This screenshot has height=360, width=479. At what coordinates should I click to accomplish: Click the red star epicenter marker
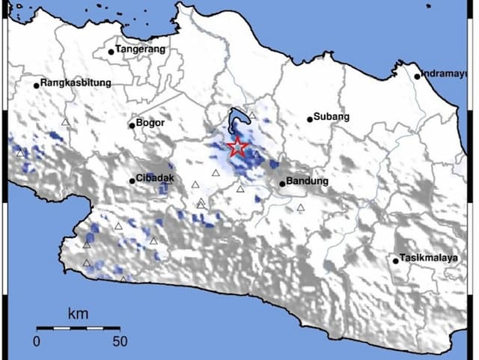point(237,147)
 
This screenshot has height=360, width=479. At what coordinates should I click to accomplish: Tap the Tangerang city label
point(140,50)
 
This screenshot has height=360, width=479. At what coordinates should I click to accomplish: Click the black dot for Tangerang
point(111,52)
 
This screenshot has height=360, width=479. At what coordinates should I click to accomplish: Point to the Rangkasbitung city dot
point(36,85)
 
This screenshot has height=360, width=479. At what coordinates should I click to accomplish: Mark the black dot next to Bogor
point(132,125)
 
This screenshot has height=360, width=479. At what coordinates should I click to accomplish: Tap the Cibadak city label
point(156,179)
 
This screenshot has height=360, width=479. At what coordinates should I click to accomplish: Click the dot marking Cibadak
point(132,180)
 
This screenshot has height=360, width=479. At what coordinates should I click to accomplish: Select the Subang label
point(333,118)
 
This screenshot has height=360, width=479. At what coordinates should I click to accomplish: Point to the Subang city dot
point(310,119)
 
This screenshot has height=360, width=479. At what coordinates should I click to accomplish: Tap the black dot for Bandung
point(282,183)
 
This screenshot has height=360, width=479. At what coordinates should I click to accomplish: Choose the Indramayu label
point(448,73)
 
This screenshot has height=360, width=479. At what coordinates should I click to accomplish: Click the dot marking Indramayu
point(418,76)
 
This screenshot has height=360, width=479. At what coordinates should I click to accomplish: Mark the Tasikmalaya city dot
point(396,260)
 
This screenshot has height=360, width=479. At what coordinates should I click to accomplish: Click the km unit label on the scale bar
point(77,313)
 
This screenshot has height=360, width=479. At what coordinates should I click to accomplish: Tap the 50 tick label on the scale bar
point(119,341)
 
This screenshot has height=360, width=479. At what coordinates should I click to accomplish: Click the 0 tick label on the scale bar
point(37,341)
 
